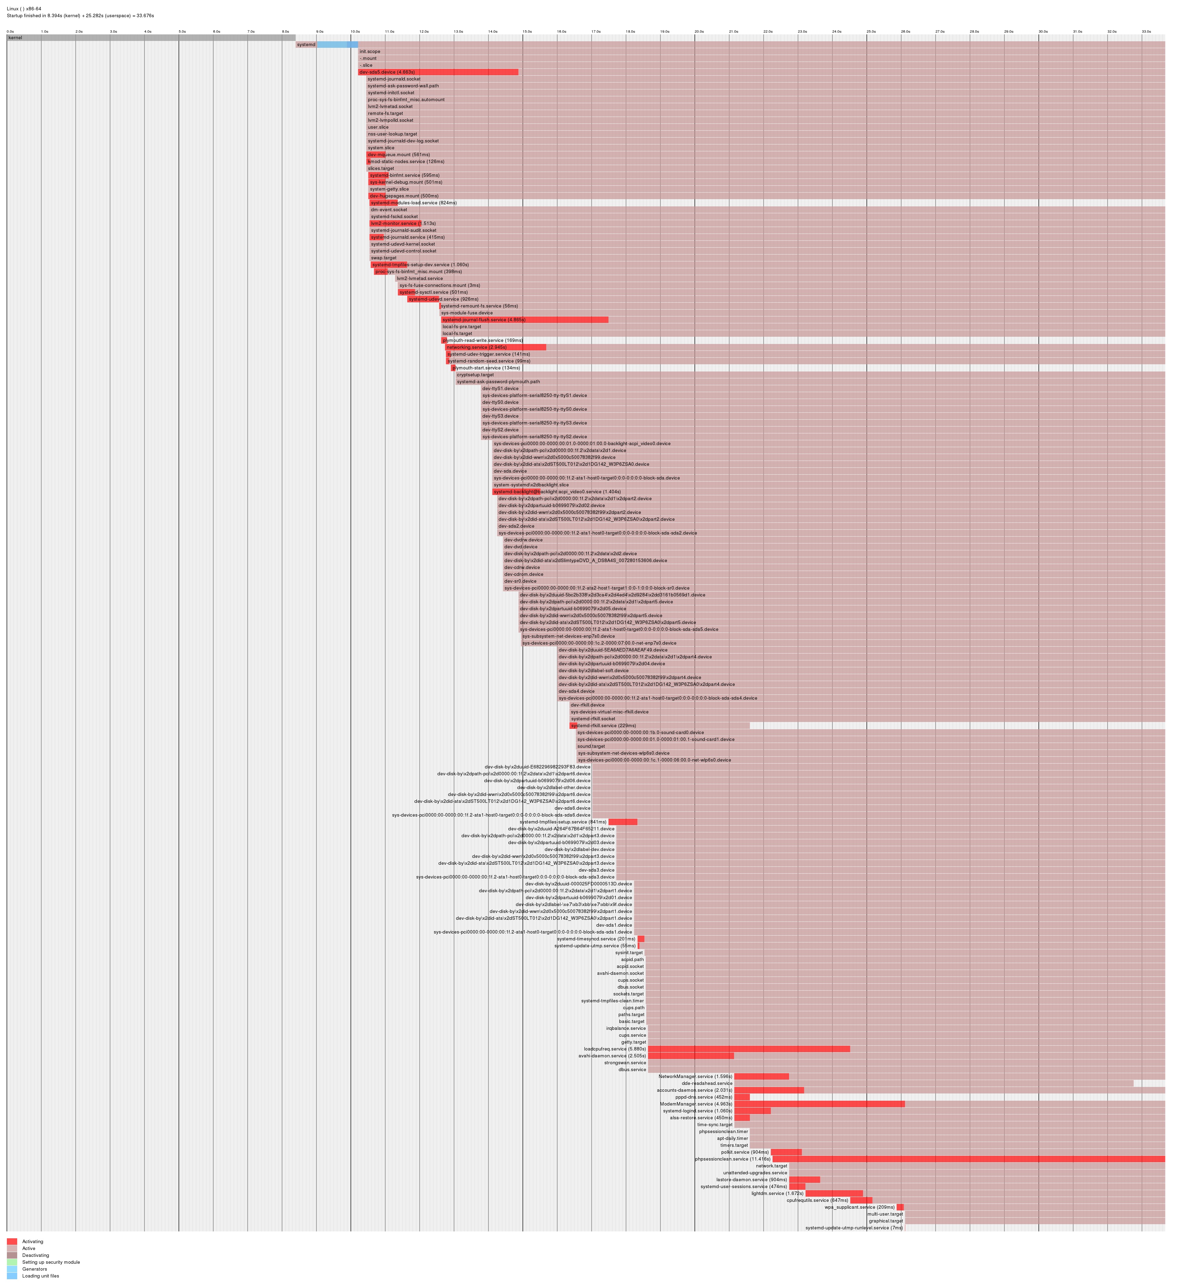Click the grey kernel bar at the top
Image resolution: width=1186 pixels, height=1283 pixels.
point(151,38)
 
